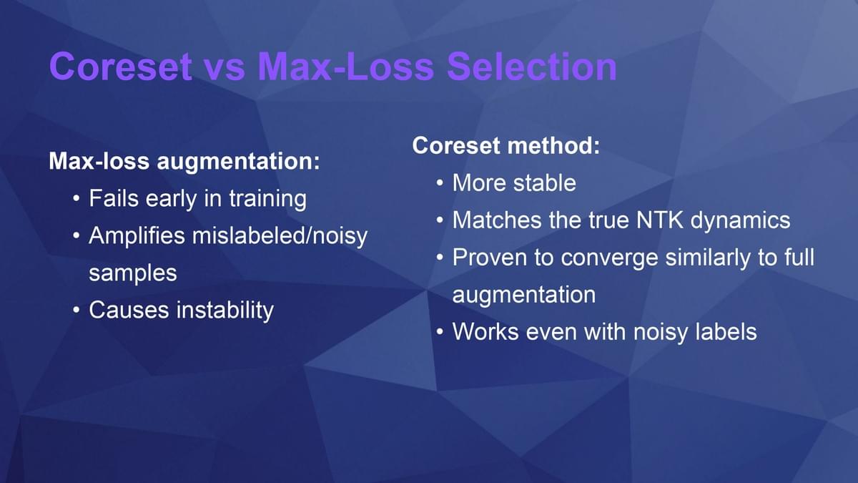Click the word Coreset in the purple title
tap(121, 67)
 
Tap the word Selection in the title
tap(532, 67)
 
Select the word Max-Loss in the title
tap(345, 67)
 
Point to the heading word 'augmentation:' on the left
tap(238, 162)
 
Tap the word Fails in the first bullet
tap(114, 199)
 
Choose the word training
tap(267, 200)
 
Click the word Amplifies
tap(137, 235)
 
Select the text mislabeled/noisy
tap(280, 235)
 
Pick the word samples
tap(133, 273)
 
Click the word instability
tap(225, 311)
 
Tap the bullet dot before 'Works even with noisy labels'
tap(440, 332)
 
